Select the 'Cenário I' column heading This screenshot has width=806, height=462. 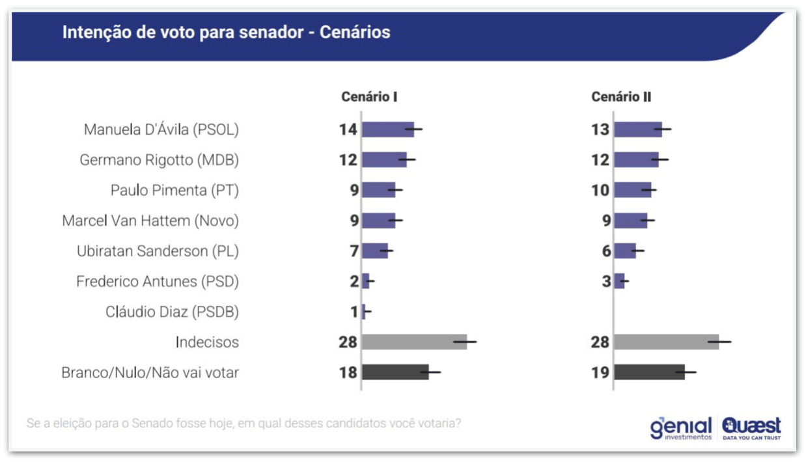coord(369,97)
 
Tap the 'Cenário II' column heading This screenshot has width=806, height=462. coord(621,97)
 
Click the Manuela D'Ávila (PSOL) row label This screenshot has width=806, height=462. coord(161,129)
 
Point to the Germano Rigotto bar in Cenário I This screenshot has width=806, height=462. coord(384,159)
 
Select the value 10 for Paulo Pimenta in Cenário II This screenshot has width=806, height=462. coord(600,190)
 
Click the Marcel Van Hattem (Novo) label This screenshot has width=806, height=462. coord(150,221)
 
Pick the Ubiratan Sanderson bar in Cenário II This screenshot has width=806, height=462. coord(625,251)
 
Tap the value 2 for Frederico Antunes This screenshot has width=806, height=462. coord(354,282)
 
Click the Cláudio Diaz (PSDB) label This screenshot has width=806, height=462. coord(173,312)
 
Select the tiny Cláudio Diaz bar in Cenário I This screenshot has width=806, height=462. coord(364,312)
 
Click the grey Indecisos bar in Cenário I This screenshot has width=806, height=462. coord(414,342)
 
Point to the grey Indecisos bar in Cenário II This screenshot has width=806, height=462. coord(666,342)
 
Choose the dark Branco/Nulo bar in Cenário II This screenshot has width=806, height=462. coord(649,372)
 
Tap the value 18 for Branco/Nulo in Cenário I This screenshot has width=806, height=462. coord(348,373)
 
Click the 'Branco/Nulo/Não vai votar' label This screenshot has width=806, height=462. coord(150,373)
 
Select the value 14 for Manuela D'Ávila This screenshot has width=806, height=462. coord(348,129)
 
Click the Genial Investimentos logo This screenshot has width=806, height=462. coord(681,428)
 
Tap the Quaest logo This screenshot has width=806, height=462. coord(751,428)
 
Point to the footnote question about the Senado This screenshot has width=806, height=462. coord(244,423)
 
